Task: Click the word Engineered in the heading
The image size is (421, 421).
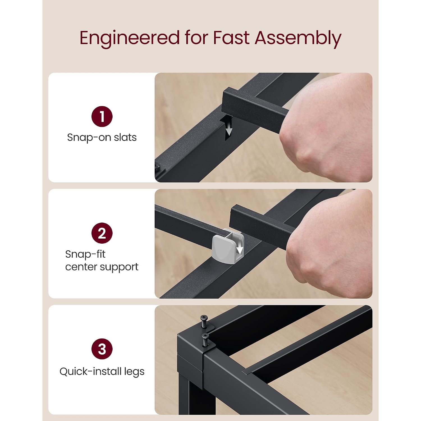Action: (x=130, y=38)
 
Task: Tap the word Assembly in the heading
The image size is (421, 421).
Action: (x=298, y=38)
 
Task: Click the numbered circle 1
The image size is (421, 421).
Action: (x=102, y=116)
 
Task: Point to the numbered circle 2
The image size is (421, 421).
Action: (x=102, y=233)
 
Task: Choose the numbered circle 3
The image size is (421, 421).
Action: (x=102, y=349)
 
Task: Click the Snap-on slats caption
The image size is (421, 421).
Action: (x=102, y=138)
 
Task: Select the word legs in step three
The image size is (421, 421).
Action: (x=134, y=372)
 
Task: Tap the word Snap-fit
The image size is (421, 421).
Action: (x=85, y=254)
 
